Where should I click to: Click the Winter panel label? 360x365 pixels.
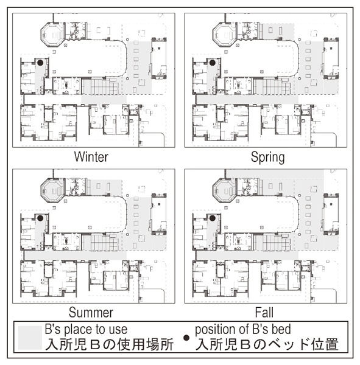[x=91, y=157]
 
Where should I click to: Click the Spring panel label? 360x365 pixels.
[x=267, y=157]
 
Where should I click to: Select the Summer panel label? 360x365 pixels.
[x=91, y=312]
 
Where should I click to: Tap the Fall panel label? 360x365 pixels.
[x=264, y=312]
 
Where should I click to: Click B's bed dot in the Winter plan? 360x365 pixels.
[x=40, y=63]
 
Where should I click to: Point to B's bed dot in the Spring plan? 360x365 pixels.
[x=212, y=63]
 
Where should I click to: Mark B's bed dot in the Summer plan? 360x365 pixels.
[x=40, y=218]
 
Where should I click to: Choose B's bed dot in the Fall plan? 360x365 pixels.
[x=212, y=218]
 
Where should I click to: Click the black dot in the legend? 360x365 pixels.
[x=186, y=338]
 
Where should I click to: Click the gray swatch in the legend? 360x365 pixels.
[x=30, y=338]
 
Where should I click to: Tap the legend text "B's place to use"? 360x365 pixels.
[x=86, y=329]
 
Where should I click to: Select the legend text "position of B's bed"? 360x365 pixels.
[x=242, y=329]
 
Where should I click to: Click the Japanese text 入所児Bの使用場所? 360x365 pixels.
[x=110, y=345]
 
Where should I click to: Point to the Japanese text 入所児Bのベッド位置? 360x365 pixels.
[x=267, y=345]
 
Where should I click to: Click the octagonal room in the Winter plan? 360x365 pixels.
[x=52, y=35]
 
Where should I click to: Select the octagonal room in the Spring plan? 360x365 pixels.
[x=224, y=35]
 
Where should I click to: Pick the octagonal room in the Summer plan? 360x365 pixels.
[x=52, y=190]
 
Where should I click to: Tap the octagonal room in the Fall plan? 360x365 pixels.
[x=224, y=190]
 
